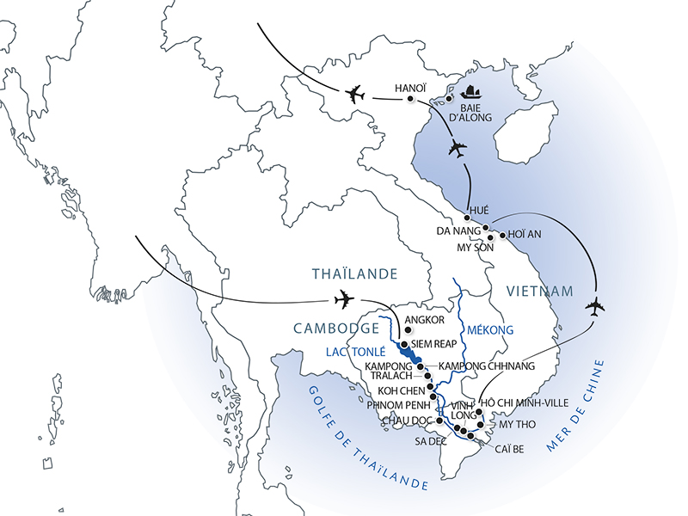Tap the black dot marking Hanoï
click(x=409, y=101)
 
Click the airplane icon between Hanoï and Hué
click(x=457, y=148)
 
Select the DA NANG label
click(x=457, y=231)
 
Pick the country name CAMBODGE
click(x=335, y=329)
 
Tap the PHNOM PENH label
click(x=392, y=404)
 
